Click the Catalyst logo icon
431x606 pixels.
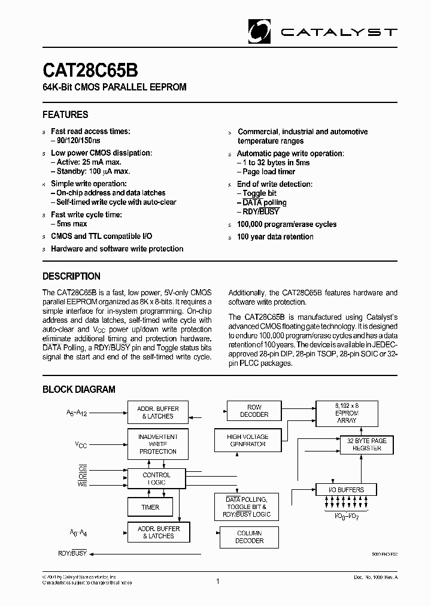(x=261, y=30)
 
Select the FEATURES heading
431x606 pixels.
(x=65, y=114)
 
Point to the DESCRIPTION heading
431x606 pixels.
(x=71, y=276)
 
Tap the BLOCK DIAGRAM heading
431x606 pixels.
(x=78, y=389)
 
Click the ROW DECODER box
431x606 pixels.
(x=254, y=411)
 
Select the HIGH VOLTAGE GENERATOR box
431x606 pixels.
(x=247, y=441)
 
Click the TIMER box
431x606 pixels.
(x=150, y=507)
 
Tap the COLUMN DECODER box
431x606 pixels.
(x=250, y=537)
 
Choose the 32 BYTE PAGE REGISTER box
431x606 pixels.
(x=367, y=444)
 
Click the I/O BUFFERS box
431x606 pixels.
(x=347, y=490)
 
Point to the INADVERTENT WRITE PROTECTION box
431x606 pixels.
(x=157, y=444)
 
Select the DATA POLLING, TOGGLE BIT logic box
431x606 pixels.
(x=246, y=507)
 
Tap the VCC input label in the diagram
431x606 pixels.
(x=80, y=444)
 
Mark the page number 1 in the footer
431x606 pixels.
(x=217, y=581)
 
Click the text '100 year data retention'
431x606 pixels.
(x=275, y=237)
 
